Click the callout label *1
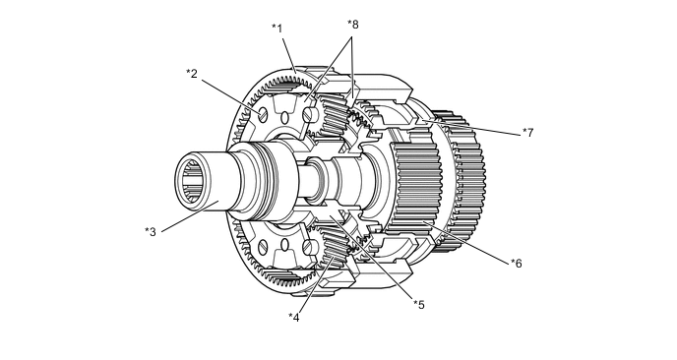click(277, 29)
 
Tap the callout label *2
click(192, 74)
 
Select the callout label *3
click(151, 232)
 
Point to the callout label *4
click(294, 318)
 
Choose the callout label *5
click(419, 305)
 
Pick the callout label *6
click(517, 263)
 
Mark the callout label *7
click(528, 133)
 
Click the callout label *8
click(353, 25)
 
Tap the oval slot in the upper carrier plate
click(284, 117)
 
